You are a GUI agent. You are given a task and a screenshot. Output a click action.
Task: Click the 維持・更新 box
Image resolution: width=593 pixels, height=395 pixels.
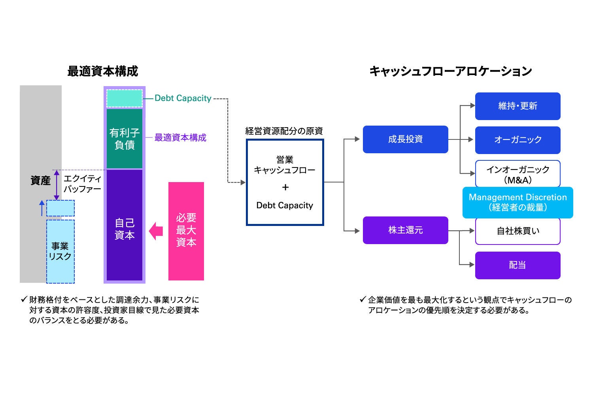[517, 106]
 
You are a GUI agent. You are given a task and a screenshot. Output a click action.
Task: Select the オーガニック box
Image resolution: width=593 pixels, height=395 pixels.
[517, 140]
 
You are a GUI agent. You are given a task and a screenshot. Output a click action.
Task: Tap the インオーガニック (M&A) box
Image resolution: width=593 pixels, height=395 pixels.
[517, 174]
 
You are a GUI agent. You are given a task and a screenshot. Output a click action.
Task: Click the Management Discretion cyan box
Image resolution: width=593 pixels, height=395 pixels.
[517, 202]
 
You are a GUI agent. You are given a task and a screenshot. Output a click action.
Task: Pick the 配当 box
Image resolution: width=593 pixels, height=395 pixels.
[517, 265]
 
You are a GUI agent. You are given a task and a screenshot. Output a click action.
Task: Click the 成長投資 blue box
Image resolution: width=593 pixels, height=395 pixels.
[405, 139]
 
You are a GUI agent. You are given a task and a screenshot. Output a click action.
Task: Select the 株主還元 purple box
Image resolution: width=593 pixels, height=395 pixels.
[405, 230]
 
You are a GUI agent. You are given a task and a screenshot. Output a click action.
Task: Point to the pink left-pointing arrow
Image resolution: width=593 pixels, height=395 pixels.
[156, 231]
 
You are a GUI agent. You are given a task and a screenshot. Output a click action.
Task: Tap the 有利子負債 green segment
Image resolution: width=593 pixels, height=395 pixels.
[125, 139]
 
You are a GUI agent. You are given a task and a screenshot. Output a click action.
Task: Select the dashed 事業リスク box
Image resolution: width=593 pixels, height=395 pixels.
[60, 251]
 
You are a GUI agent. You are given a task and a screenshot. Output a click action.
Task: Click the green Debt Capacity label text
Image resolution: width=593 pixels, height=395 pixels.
[183, 98]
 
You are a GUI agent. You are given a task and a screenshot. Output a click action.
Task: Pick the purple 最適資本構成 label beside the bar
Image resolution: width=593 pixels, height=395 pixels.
[180, 138]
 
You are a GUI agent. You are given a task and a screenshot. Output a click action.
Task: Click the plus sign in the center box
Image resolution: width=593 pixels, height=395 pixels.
[285, 188]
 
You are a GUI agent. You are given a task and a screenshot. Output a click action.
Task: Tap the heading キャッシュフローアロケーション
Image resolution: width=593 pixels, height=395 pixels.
[450, 71]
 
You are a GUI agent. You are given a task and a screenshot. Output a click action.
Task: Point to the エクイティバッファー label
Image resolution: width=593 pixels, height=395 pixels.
[82, 184]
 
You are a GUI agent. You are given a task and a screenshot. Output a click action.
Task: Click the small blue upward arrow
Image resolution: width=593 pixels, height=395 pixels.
[42, 208]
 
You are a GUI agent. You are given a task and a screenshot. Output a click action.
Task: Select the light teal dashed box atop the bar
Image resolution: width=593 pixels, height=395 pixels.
[125, 98]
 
